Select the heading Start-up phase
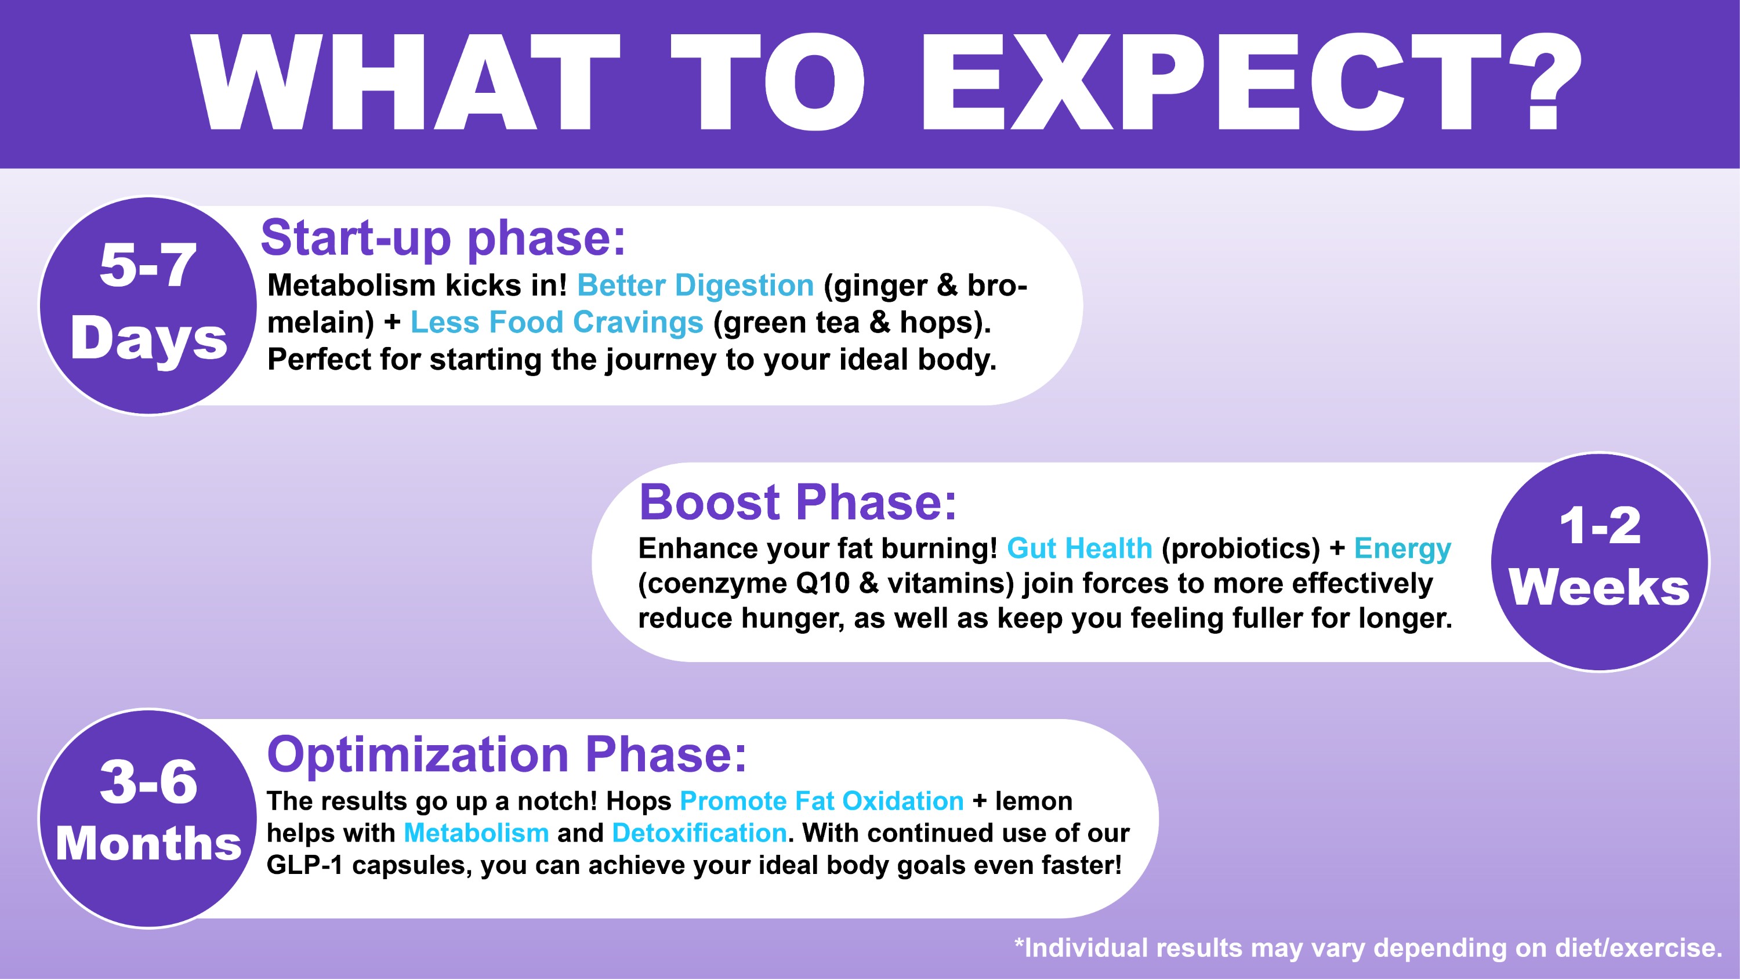444,239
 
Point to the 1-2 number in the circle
1600,526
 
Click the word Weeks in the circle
1600,587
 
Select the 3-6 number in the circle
148,782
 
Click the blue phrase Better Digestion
696,286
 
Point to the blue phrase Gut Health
1079,548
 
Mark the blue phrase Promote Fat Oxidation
822,801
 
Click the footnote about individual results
1368,948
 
